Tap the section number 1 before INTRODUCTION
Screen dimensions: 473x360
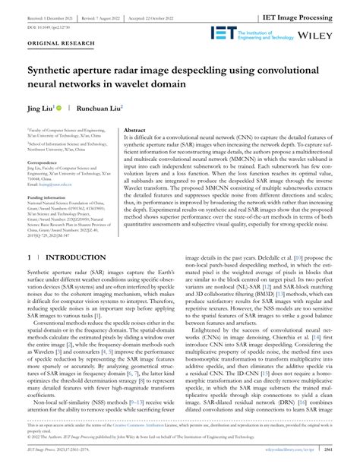point(30,257)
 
